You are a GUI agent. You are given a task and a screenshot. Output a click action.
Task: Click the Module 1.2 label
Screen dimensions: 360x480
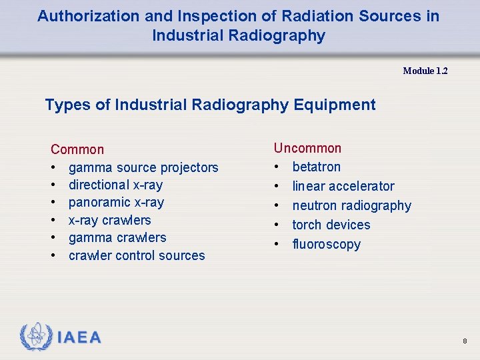click(x=425, y=71)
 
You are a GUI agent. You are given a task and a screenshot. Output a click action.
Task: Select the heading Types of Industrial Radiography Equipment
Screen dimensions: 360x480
click(x=210, y=105)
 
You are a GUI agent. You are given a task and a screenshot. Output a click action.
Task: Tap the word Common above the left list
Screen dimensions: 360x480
click(x=77, y=149)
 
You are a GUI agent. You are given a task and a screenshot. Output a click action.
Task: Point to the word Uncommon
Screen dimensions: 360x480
click(x=307, y=148)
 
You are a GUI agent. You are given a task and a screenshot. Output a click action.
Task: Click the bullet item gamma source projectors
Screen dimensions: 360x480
click(x=143, y=167)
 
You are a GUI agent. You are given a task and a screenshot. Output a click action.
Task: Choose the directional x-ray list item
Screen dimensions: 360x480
click(x=115, y=185)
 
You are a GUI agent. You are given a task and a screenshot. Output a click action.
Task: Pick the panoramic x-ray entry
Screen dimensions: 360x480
click(x=116, y=203)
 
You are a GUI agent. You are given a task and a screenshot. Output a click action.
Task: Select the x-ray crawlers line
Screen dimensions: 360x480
click(x=109, y=220)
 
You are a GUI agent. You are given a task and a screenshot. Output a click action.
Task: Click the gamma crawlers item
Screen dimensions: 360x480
click(x=117, y=237)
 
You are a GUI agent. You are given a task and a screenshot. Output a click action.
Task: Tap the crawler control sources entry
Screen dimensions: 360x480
click(x=137, y=255)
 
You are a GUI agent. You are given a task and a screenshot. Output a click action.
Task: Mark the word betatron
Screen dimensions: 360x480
click(x=316, y=167)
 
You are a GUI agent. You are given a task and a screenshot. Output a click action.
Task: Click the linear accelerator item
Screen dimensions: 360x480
click(x=343, y=186)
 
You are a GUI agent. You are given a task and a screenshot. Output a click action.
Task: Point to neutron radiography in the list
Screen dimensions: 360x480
click(x=351, y=205)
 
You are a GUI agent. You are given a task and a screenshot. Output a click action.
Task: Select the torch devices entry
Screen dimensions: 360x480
click(x=331, y=225)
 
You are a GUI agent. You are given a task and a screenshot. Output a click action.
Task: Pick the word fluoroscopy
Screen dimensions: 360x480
click(x=326, y=244)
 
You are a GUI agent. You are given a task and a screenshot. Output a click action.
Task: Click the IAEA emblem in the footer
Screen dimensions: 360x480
click(x=35, y=337)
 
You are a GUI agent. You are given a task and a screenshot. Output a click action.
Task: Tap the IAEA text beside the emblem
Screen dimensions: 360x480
click(x=79, y=337)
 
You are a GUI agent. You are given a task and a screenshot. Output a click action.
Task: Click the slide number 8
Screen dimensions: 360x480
click(x=465, y=341)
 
